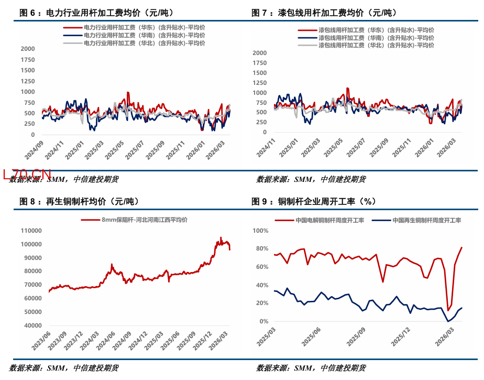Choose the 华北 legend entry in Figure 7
point(376,46)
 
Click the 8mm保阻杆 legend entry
point(144,220)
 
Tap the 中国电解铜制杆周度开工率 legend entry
point(330,221)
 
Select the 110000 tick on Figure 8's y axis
point(31,231)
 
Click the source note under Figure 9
point(311,368)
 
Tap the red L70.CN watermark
point(27,174)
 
